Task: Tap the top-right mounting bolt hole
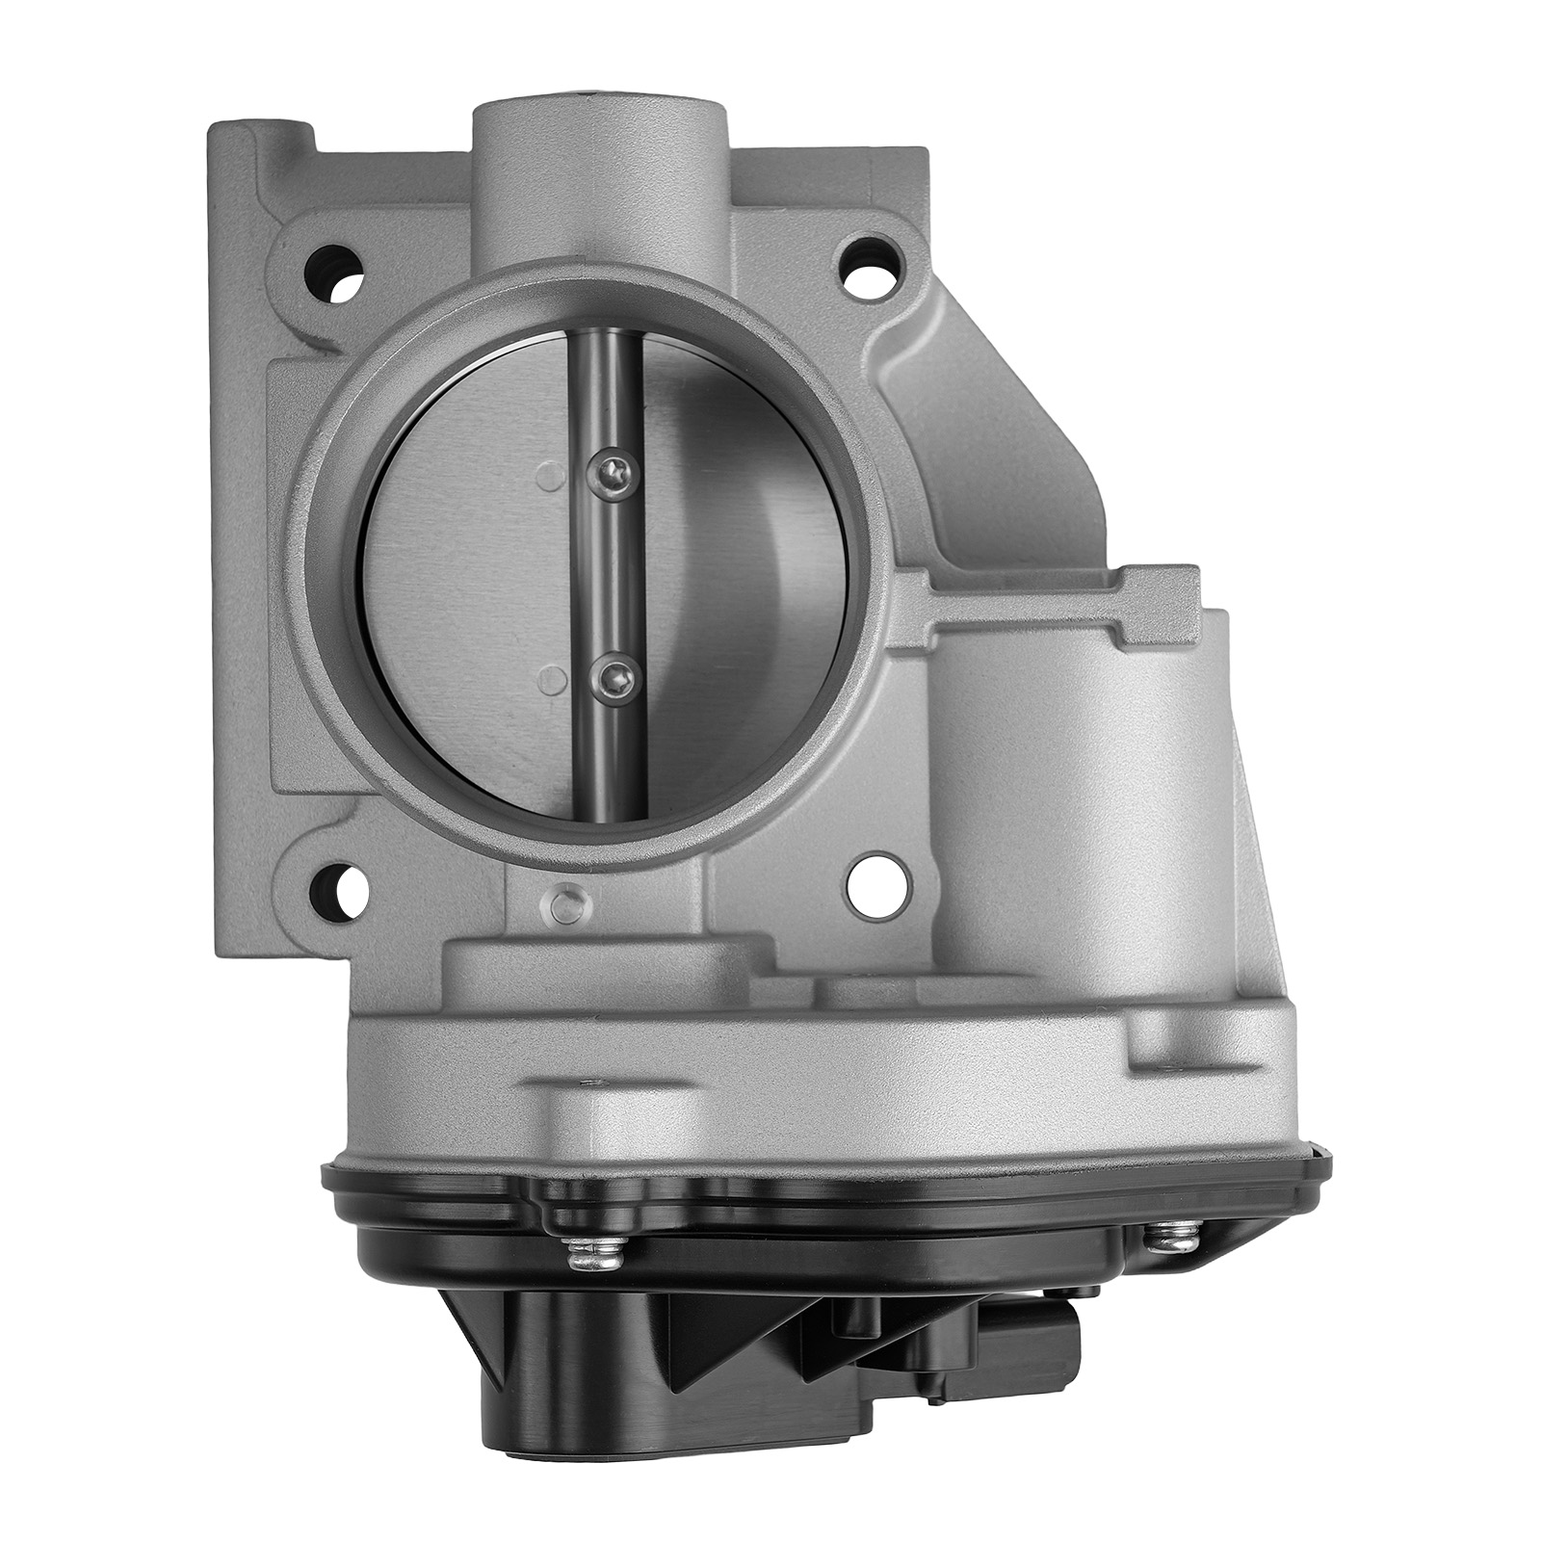873,257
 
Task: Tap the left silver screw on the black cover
585,1250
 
